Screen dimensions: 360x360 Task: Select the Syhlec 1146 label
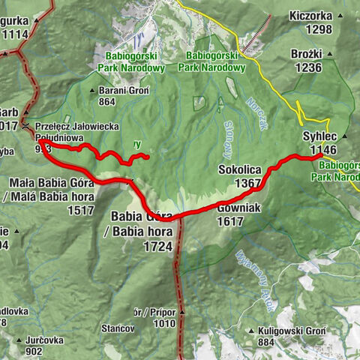click(319, 142)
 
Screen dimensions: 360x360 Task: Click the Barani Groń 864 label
click(124, 96)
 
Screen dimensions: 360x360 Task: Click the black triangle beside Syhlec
click(343, 136)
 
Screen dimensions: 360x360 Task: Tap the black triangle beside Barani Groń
click(93, 91)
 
